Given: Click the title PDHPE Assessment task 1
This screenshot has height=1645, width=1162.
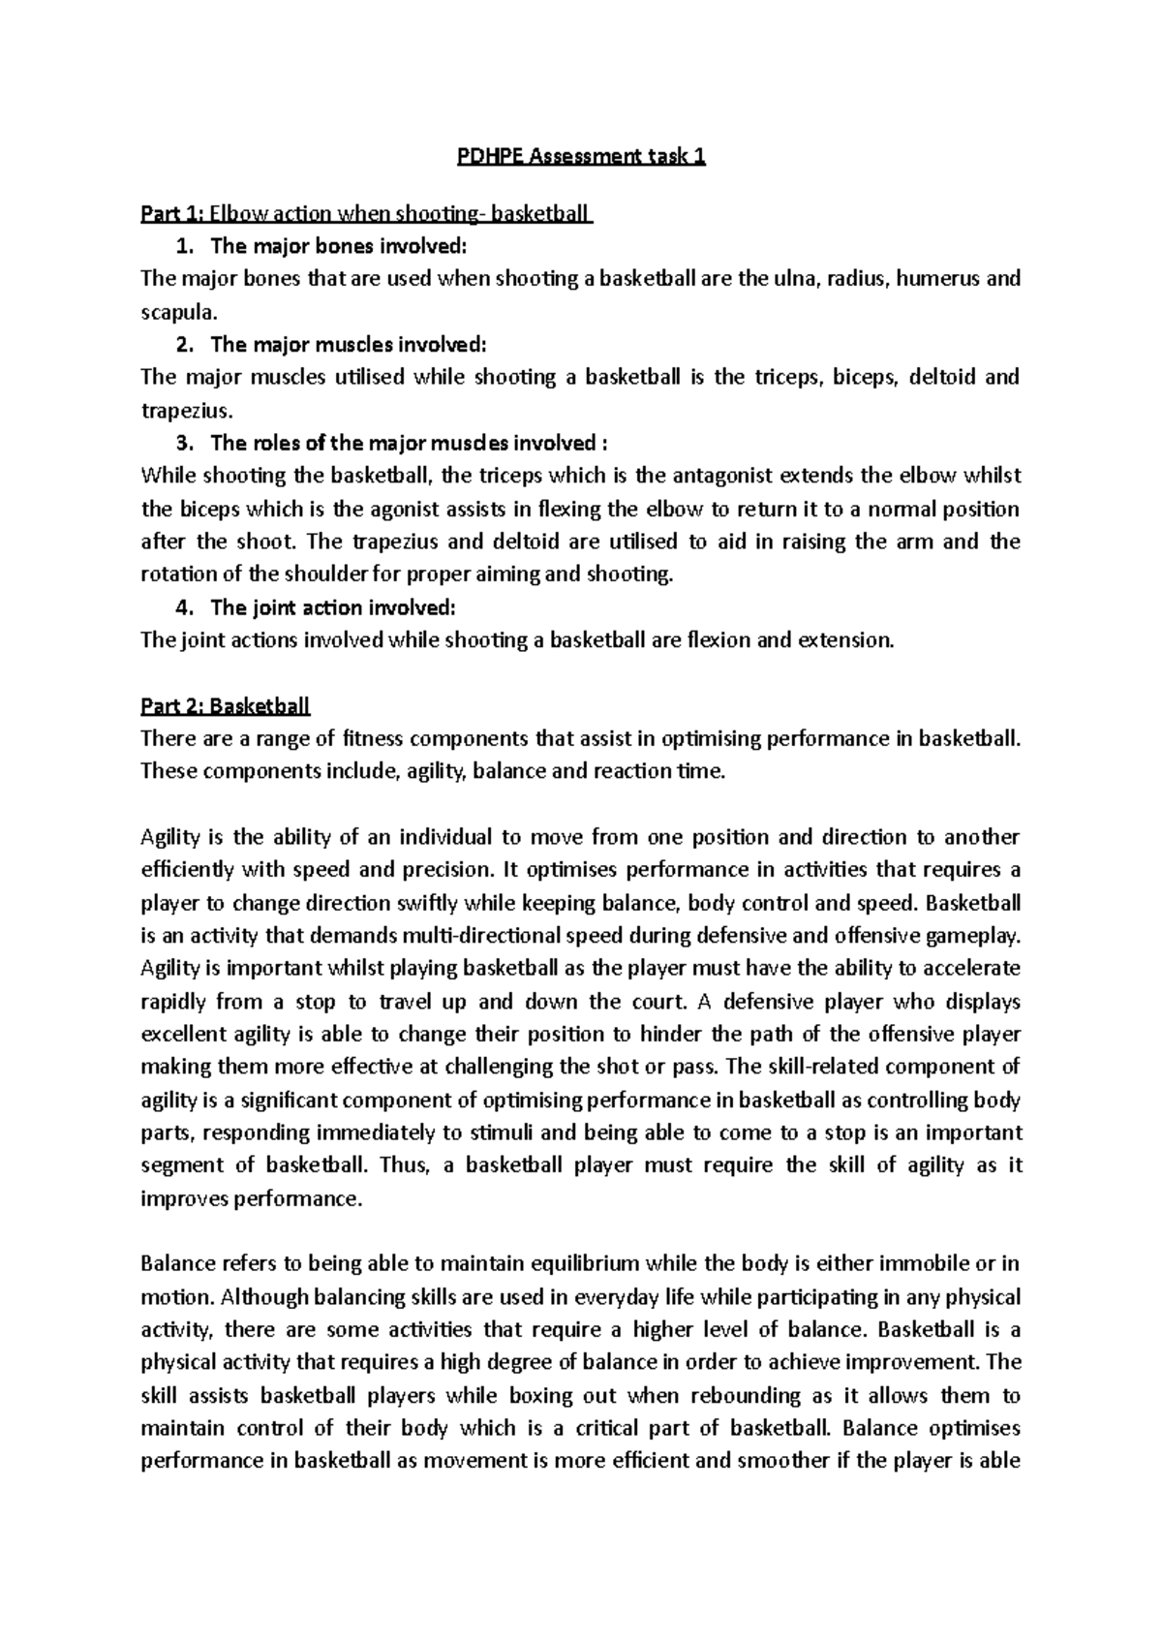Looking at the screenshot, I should (x=581, y=157).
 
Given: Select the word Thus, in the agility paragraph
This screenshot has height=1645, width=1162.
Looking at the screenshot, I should (x=404, y=1165).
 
